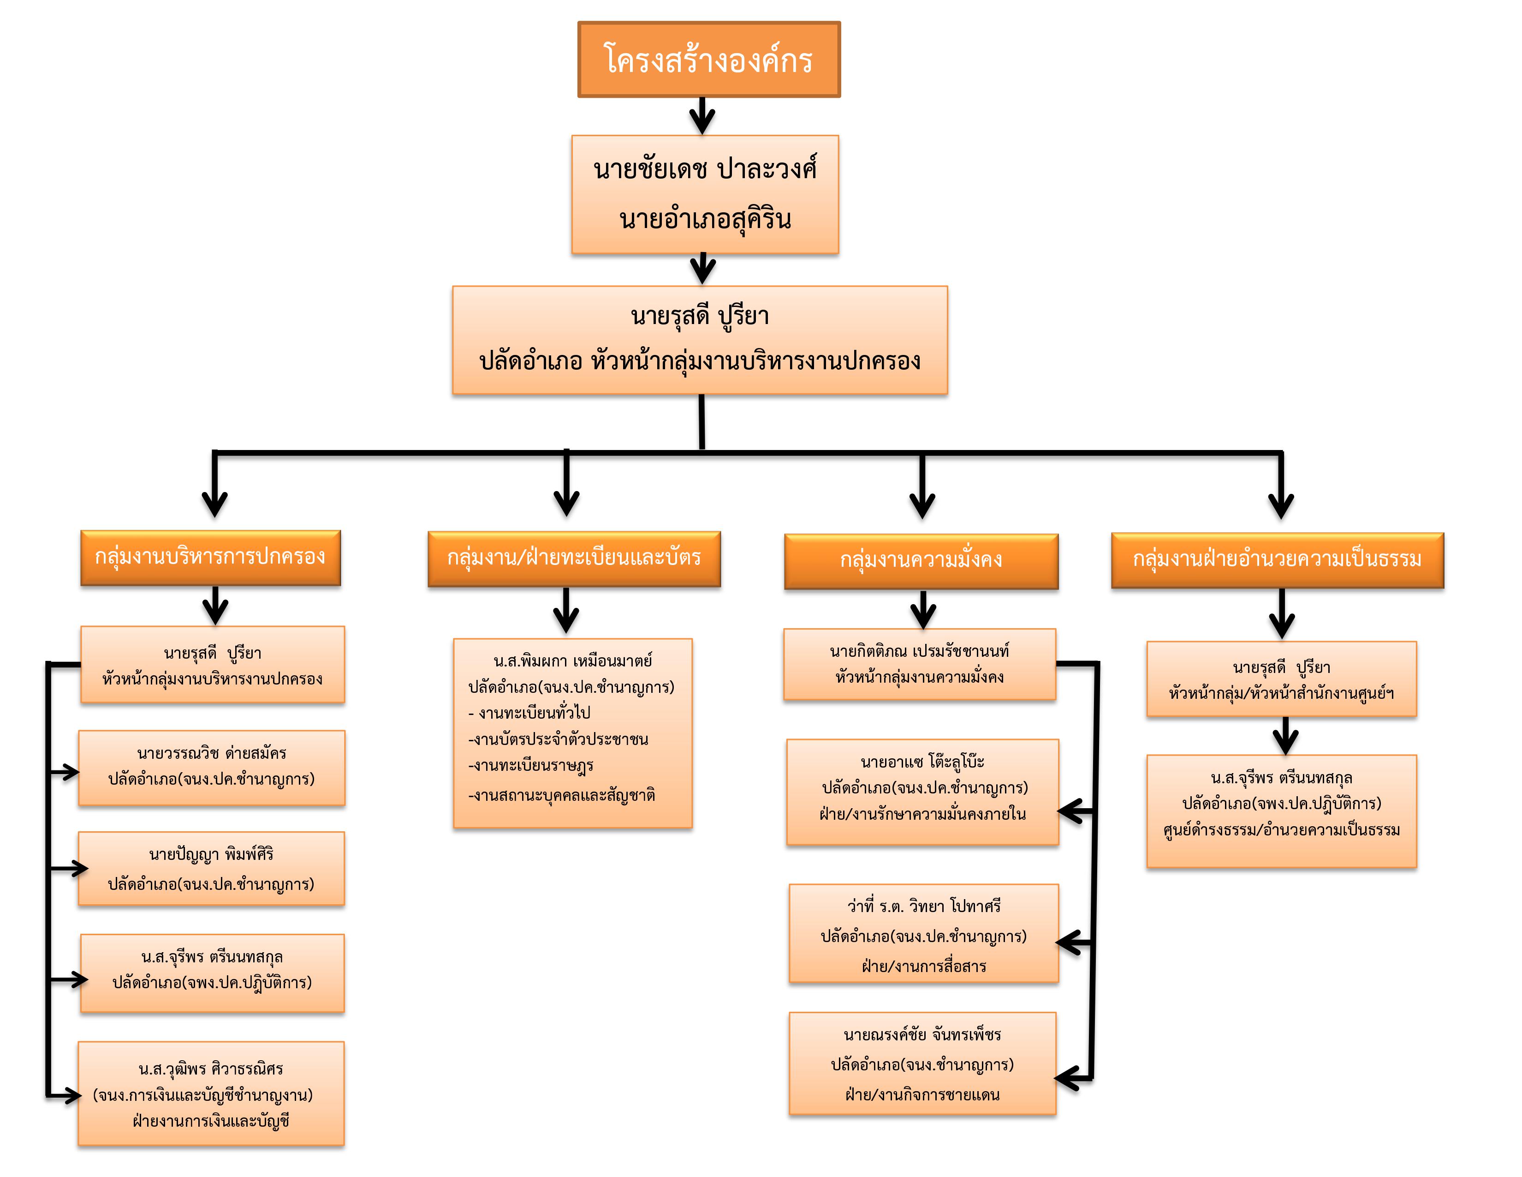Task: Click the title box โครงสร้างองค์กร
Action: tap(709, 59)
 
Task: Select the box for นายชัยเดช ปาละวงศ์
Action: tap(705, 194)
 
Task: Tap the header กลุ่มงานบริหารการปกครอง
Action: tap(210, 558)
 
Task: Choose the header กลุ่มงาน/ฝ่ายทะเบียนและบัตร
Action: tap(574, 559)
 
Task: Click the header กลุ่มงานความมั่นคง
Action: tap(922, 561)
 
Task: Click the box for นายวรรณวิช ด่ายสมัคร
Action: tap(212, 768)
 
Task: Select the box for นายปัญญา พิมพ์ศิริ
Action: tap(211, 869)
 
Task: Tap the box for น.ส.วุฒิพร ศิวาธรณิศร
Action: tap(211, 1093)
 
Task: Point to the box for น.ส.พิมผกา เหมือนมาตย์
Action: tap(573, 733)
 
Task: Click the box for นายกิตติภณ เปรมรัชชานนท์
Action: tap(920, 665)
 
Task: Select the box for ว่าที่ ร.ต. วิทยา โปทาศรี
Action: tap(924, 934)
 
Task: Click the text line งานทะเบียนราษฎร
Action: tap(531, 766)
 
